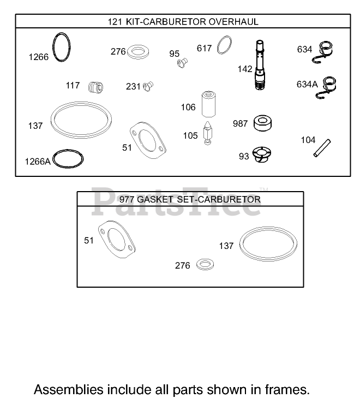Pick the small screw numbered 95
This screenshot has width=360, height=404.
point(183,64)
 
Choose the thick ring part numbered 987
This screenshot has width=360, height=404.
point(262,123)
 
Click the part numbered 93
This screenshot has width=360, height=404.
point(261,155)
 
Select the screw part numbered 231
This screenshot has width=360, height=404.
point(148,86)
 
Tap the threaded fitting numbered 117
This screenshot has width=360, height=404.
point(96,86)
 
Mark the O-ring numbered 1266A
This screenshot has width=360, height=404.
point(69,159)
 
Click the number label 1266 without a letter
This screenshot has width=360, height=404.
point(38,57)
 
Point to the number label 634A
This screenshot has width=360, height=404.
point(306,84)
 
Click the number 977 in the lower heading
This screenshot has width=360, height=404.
point(127,199)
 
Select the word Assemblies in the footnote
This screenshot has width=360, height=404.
point(68,390)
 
